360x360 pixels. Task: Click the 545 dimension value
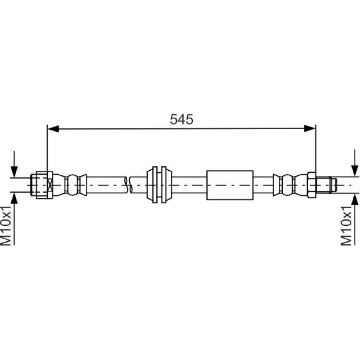pos(182,119)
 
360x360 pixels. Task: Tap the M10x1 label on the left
pos(6,226)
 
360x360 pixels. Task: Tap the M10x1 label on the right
pos(346,226)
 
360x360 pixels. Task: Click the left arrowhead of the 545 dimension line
pos(53,129)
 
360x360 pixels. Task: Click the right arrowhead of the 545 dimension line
pos(310,129)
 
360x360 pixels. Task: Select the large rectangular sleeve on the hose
pos(230,185)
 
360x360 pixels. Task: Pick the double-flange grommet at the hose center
pos(159,185)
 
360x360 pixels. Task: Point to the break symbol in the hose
pos(129,185)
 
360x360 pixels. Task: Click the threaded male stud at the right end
pos(326,185)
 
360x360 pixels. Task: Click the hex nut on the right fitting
pos(312,185)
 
